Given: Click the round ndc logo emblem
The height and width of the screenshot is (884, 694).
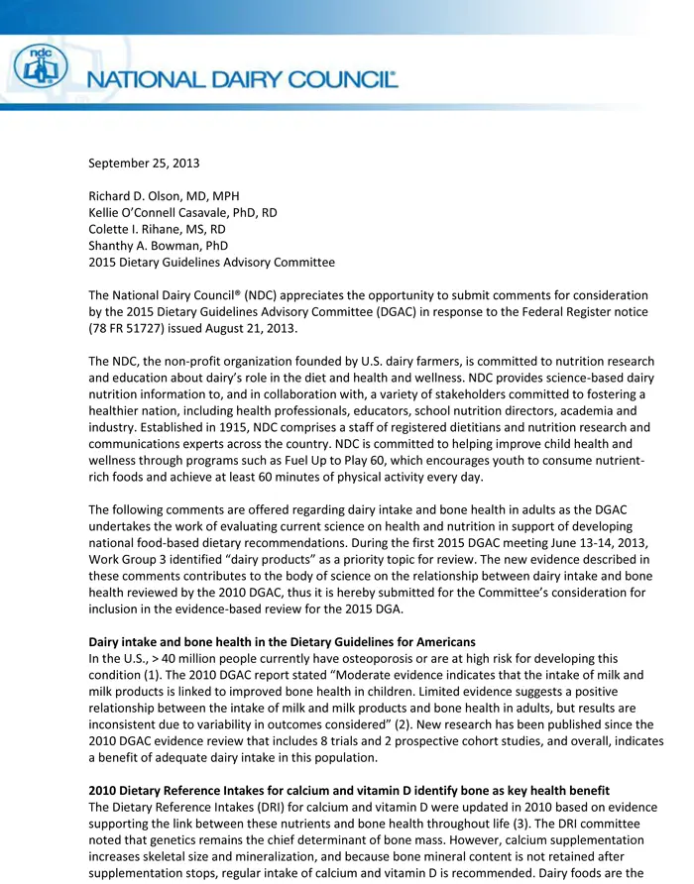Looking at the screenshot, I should click(x=41, y=66).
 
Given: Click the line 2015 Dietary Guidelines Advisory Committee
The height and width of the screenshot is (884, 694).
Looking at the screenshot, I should click(x=211, y=263).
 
